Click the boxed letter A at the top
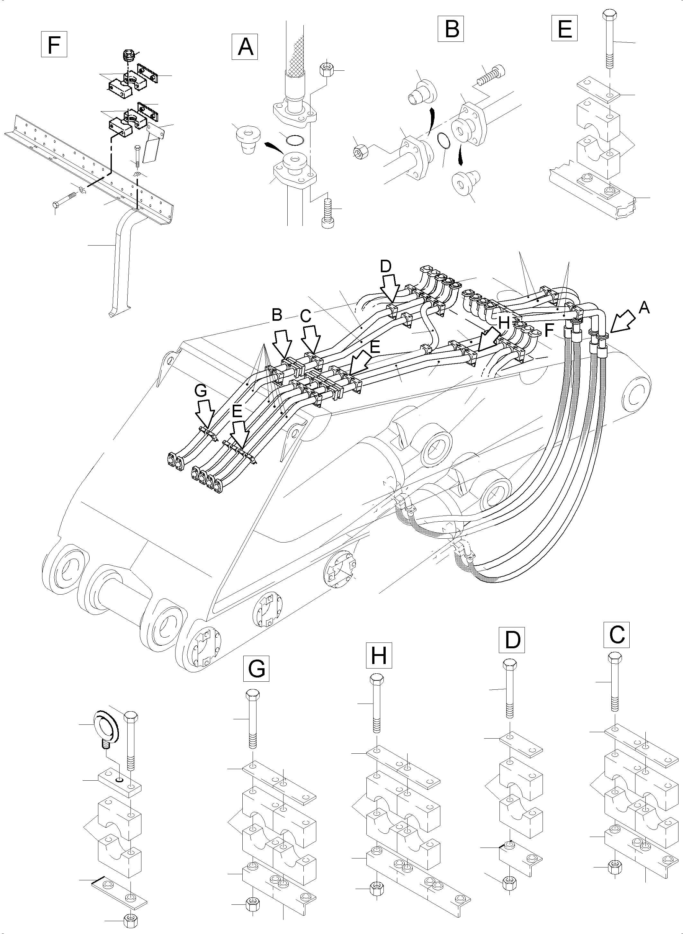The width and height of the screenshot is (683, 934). point(246,46)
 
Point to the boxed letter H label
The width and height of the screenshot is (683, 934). point(379,656)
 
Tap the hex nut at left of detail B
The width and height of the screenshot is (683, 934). point(358,152)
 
